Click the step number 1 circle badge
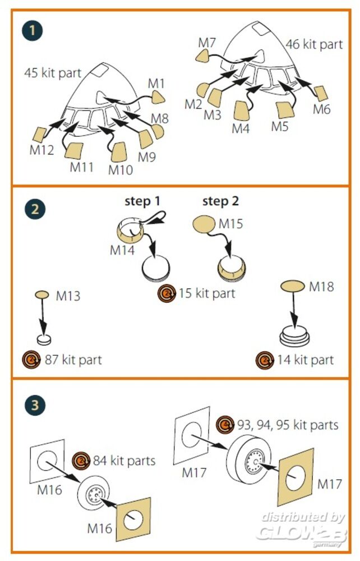click(33, 30)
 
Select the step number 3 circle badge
click(33, 404)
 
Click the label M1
click(156, 83)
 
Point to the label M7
click(207, 43)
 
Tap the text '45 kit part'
click(53, 72)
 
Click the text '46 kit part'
click(314, 44)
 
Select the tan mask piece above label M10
click(119, 152)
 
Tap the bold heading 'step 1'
click(142, 201)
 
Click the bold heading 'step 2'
click(220, 201)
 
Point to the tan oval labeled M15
click(203, 225)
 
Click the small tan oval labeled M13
click(43, 295)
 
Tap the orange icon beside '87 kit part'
click(30, 359)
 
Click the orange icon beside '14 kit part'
click(264, 359)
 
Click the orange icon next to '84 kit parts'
click(81, 462)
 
